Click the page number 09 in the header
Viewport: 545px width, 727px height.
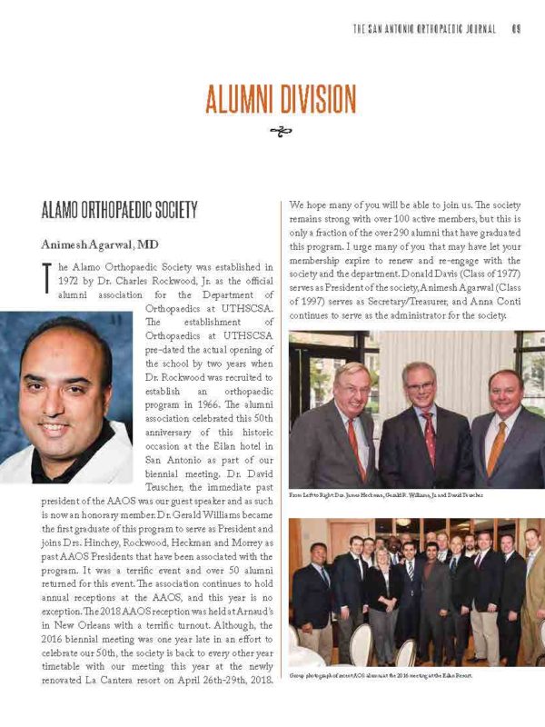tap(514, 29)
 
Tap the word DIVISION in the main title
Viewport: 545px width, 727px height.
tap(313, 97)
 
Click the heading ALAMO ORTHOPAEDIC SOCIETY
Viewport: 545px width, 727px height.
tap(119, 211)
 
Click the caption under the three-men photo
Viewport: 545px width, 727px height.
tap(386, 495)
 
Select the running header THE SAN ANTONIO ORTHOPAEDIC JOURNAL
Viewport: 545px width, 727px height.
tap(424, 29)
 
